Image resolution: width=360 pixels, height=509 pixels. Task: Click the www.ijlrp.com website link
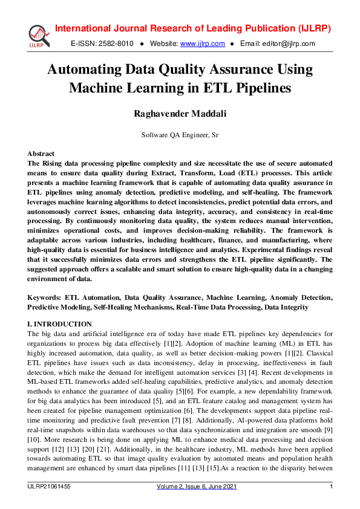click(x=203, y=44)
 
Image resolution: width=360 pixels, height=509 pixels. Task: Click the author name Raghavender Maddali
click(x=180, y=113)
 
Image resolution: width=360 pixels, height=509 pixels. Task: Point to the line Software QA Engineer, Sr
click(x=180, y=135)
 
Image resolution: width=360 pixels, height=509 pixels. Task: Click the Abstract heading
click(x=41, y=154)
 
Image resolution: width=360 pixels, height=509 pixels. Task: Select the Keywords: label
click(x=45, y=298)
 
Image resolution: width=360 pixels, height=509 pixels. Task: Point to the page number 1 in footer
click(x=331, y=487)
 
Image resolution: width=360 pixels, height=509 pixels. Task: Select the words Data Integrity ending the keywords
click(x=286, y=307)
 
